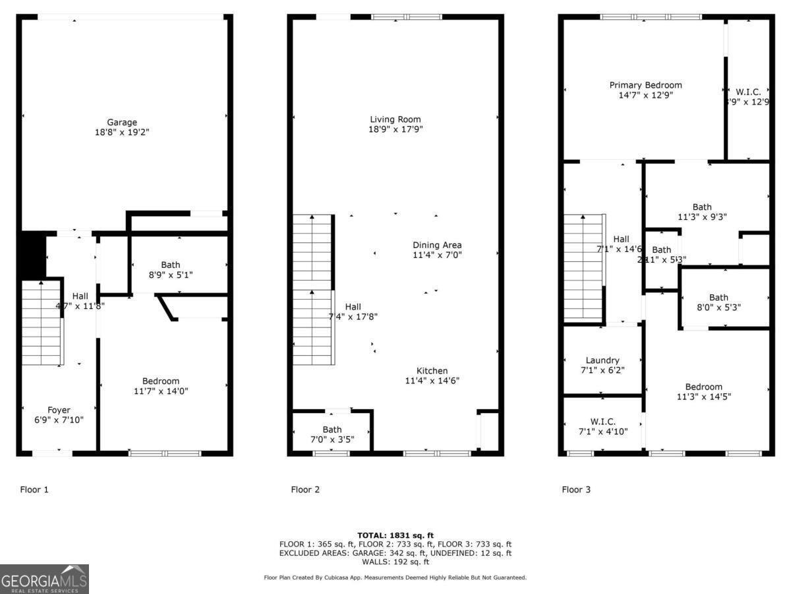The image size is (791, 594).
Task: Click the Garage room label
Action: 122,122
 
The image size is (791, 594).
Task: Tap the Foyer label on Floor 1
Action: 59,410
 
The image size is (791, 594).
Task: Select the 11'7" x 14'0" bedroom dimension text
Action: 161,391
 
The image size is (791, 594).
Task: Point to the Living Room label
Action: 395,119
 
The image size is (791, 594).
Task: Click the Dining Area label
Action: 437,245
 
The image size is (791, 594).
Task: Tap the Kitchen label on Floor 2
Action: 432,371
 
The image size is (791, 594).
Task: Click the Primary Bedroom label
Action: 645,85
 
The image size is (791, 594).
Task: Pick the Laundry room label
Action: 602,360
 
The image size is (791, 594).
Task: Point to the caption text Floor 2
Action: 305,490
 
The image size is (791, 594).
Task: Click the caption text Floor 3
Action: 576,490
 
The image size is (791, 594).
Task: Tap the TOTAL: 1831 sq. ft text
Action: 395,535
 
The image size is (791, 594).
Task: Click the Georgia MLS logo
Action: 44,579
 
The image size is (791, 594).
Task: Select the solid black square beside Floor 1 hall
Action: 33,254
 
